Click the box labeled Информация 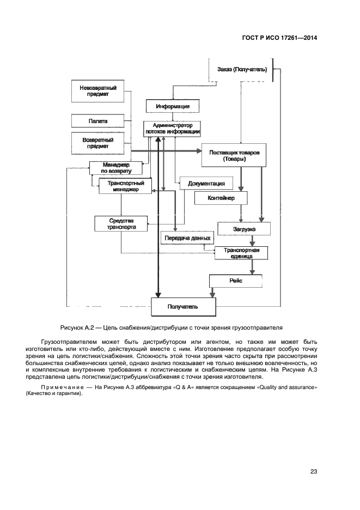(172, 106)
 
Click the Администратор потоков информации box (172, 129)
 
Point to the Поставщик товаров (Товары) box (237, 155)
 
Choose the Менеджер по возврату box (115, 168)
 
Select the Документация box (206, 184)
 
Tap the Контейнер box (221, 198)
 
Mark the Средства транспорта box (121, 223)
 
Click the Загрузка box (244, 229)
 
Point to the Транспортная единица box (241, 253)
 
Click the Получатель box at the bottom (182, 307)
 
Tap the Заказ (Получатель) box (241, 70)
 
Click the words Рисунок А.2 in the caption (77, 327)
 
